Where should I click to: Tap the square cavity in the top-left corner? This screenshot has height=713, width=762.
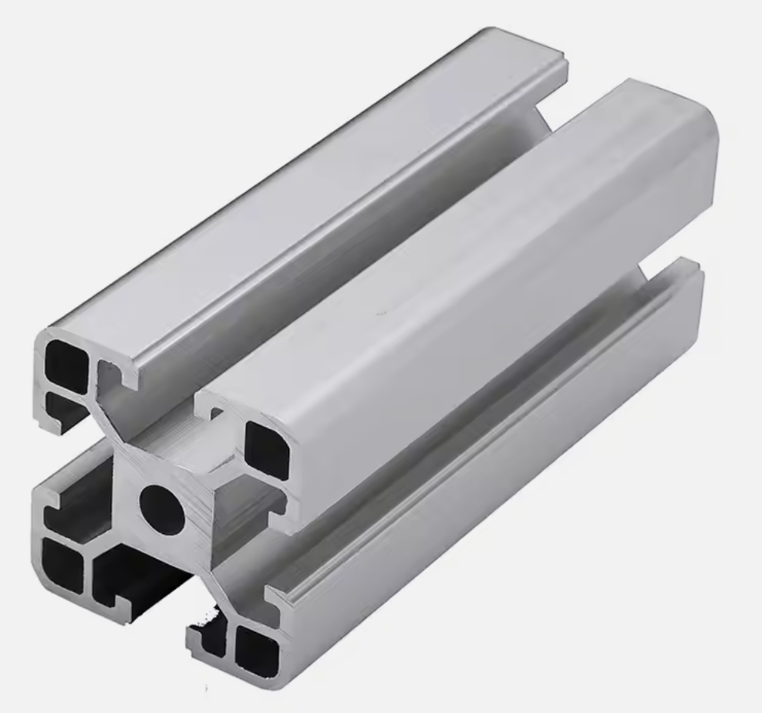65,363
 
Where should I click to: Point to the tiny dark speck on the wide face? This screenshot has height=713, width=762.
378,314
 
